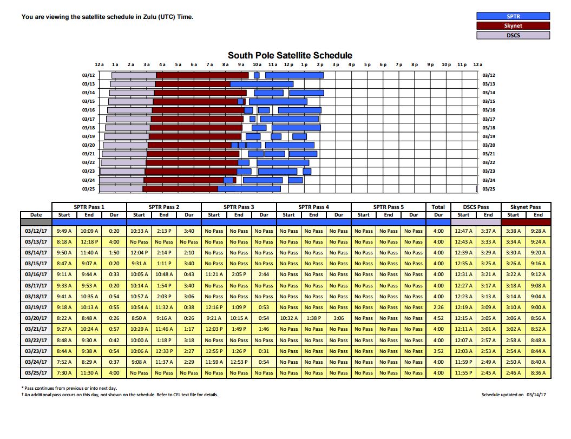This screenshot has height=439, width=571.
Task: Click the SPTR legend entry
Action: tap(513, 16)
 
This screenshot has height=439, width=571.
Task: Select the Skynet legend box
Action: tap(513, 25)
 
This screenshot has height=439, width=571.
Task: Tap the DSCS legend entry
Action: tap(513, 35)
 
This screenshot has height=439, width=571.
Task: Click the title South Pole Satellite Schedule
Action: tap(290, 55)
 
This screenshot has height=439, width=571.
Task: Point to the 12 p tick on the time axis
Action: tap(289, 64)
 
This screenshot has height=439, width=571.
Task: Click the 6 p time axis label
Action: tap(383, 64)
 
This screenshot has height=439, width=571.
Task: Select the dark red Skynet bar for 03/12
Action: tap(202, 75)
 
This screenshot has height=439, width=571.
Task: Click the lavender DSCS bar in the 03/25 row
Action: tap(121, 189)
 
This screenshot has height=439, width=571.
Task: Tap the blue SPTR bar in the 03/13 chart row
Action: tap(262, 84)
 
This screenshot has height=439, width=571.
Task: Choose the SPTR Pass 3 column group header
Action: tap(239, 207)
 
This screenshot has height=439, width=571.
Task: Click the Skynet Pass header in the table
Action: tap(526, 207)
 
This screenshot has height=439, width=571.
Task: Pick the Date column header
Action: tap(36, 215)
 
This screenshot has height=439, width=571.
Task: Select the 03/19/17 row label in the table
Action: tap(36, 307)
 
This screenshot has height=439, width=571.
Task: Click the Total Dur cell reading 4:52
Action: tap(438, 318)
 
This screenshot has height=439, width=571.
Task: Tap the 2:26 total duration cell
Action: tap(438, 307)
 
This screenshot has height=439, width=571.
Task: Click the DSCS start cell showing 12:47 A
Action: tap(463, 231)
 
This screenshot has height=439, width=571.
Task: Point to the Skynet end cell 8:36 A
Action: tap(538, 373)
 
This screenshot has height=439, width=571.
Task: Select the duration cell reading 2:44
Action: tap(264, 274)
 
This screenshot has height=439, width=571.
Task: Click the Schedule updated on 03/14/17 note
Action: tap(514, 395)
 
